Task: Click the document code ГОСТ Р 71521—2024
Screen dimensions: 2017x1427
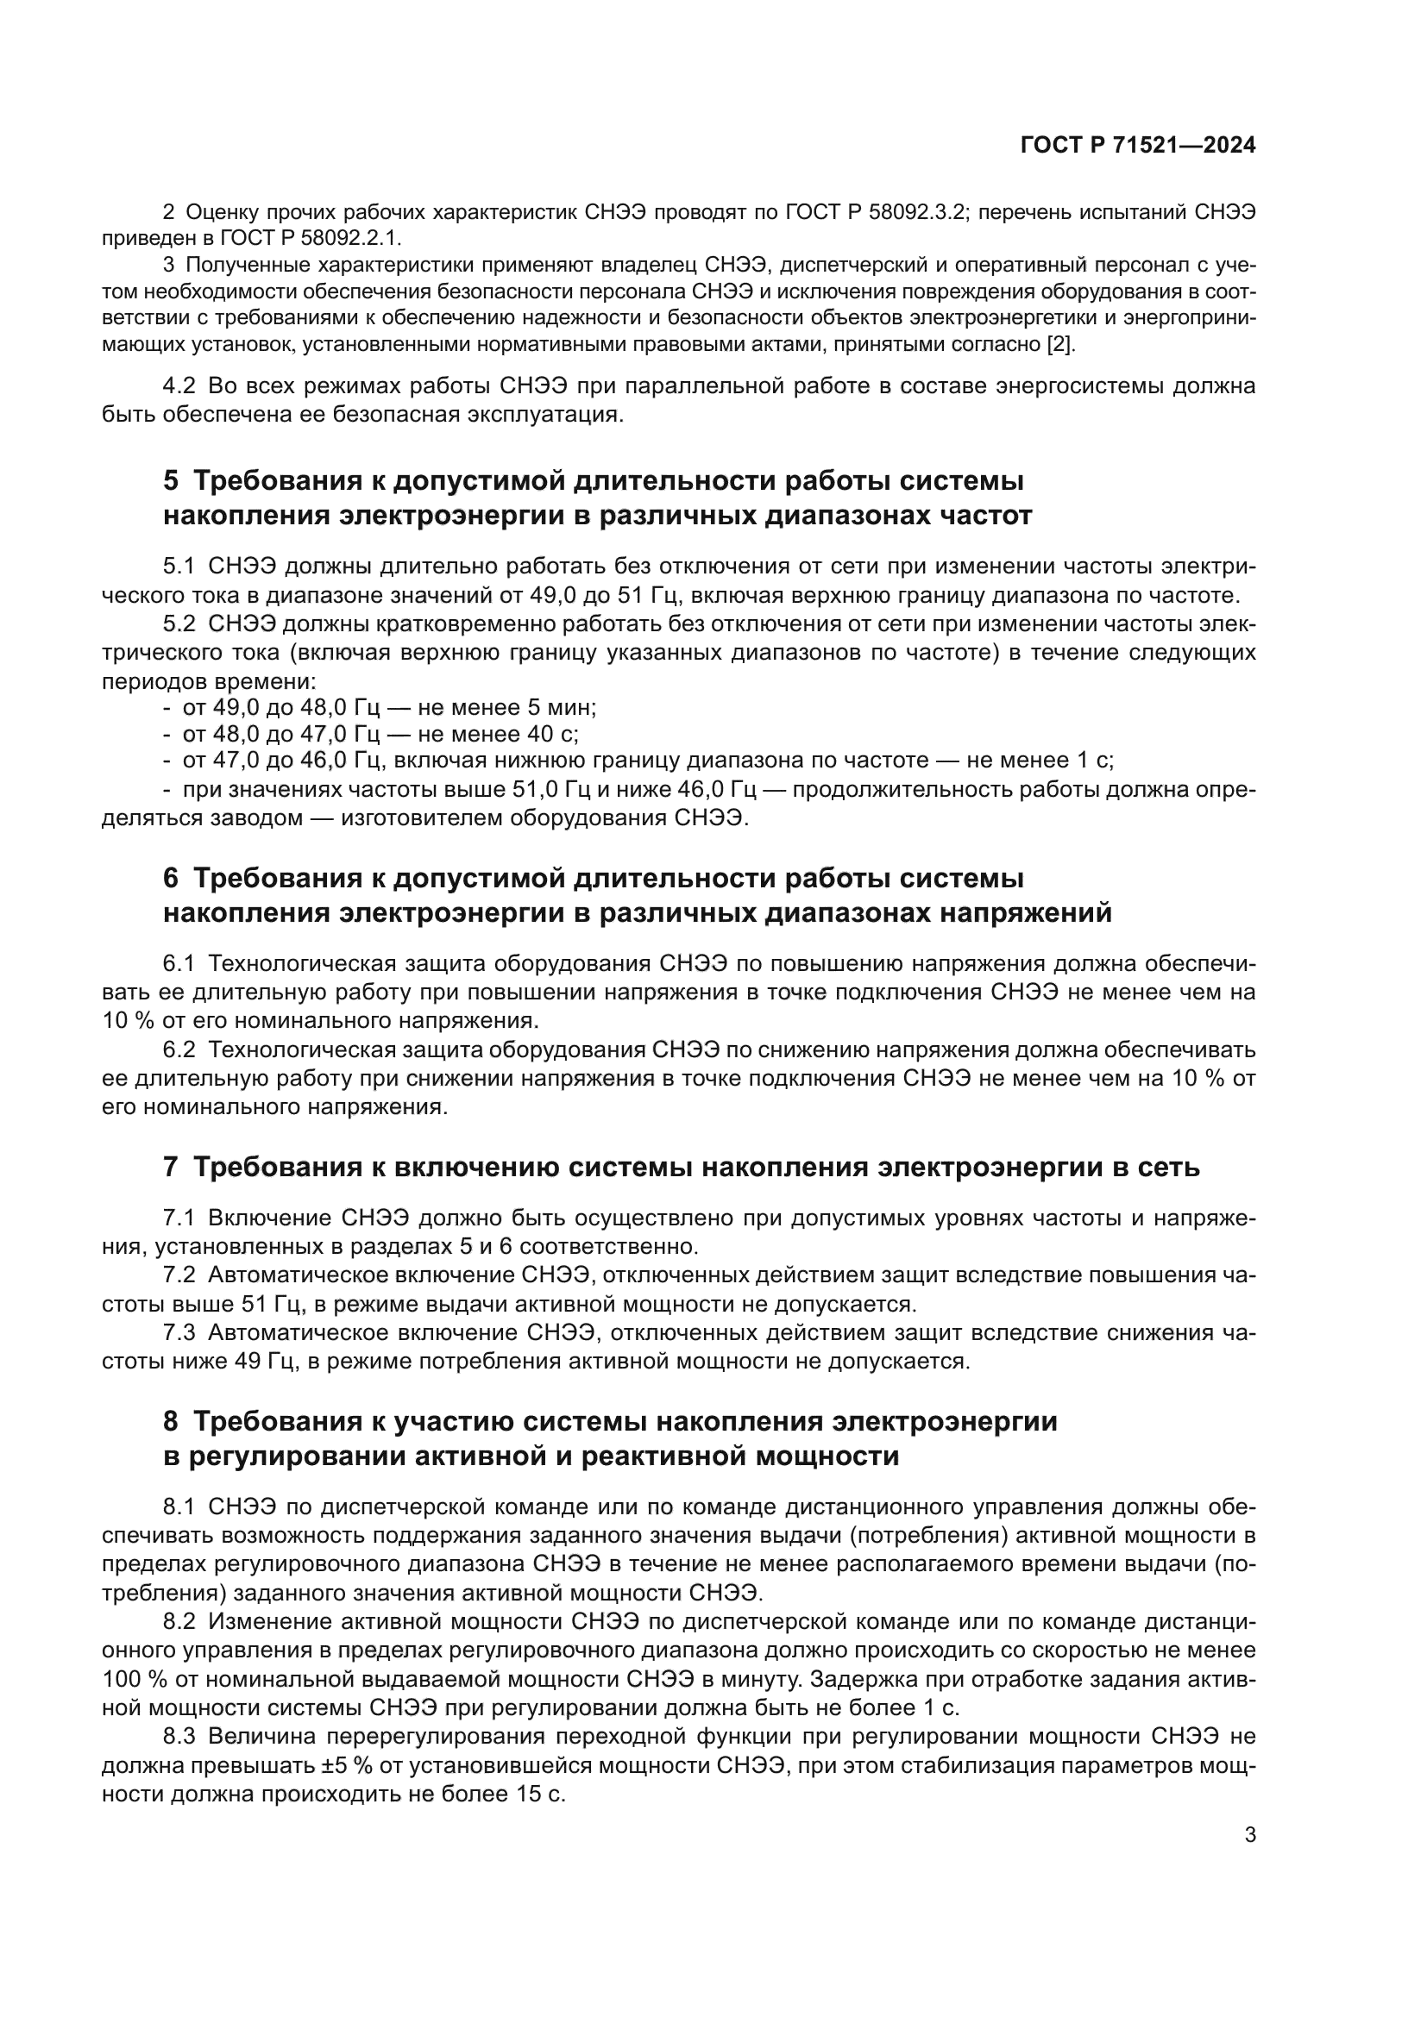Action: click(1138, 146)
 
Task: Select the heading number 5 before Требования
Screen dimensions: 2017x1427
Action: click(171, 481)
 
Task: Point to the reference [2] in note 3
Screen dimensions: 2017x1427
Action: click(1059, 344)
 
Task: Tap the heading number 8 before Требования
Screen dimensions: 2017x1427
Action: click(171, 1421)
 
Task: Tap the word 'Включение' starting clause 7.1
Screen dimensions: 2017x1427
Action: click(269, 1218)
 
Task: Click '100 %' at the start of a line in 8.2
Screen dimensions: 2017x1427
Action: click(135, 1679)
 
